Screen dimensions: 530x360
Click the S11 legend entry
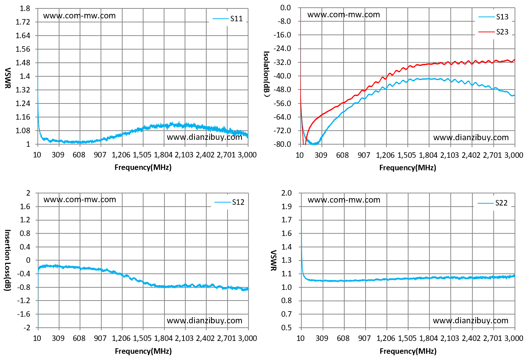[x=228, y=18]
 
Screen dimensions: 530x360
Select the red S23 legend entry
[x=493, y=32]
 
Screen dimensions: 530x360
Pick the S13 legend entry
[x=493, y=17]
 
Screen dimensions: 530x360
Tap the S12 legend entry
[x=229, y=202]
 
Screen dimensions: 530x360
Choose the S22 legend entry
[x=493, y=203]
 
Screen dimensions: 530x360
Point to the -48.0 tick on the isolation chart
[x=282, y=90]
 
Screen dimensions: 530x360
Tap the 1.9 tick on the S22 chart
[x=287, y=207]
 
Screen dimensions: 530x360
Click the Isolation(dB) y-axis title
[x=267, y=74]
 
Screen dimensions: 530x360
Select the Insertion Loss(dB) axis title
[x=8, y=260]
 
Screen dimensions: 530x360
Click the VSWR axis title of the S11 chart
[x=8, y=78]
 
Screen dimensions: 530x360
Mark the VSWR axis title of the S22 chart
[x=273, y=260]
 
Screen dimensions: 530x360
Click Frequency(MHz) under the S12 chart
[x=143, y=351]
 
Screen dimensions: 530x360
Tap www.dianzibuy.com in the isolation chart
[x=471, y=137]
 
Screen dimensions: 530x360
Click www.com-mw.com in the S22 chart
[x=344, y=200]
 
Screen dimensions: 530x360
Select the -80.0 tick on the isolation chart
[x=282, y=144]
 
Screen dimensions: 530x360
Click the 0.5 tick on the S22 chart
[x=287, y=328]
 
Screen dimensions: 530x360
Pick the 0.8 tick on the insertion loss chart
[x=25, y=233]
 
